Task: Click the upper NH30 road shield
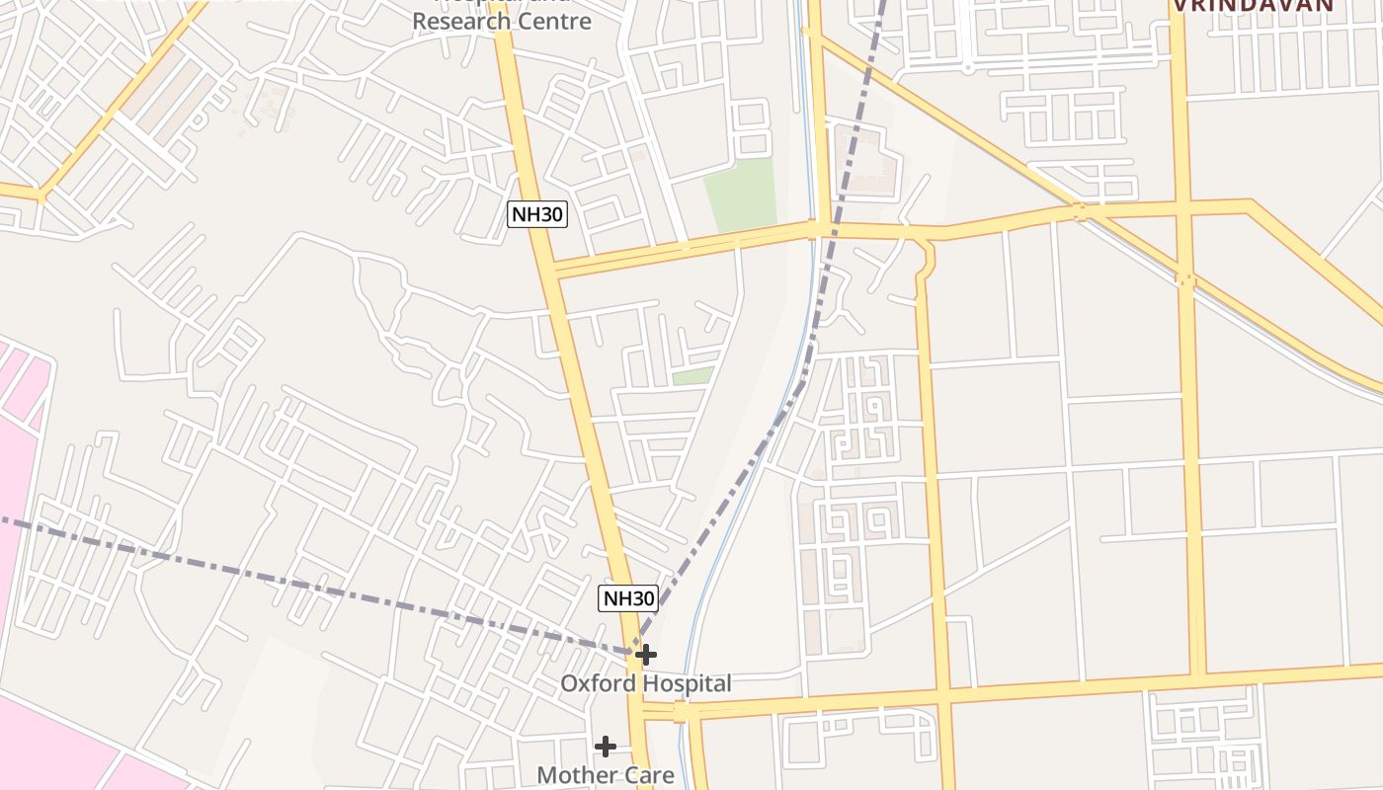(537, 214)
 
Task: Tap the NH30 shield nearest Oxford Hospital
(628, 597)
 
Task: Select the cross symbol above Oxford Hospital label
(645, 654)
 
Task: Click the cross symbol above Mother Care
(606, 746)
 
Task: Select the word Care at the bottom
(647, 775)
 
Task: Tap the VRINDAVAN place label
(1253, 5)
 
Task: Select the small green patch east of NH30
(692, 376)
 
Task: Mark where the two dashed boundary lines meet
(633, 651)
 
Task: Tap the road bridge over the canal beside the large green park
(816, 230)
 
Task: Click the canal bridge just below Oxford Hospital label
(681, 712)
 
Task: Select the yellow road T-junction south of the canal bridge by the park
(927, 243)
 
